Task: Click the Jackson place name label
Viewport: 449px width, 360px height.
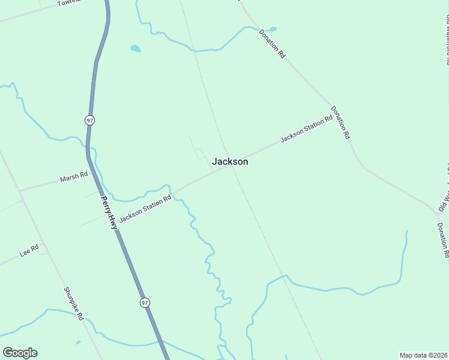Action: (230, 161)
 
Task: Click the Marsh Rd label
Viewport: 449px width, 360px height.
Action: (74, 177)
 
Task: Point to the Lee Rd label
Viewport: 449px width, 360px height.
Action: (29, 250)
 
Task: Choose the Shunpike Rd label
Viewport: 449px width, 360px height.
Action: (73, 303)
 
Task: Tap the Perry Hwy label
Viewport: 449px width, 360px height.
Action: (109, 213)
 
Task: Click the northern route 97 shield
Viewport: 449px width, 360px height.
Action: (89, 120)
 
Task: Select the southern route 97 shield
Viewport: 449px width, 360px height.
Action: (145, 302)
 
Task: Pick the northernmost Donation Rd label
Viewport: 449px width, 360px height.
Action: (272, 43)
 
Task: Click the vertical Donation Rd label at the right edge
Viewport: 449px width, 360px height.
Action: (443, 240)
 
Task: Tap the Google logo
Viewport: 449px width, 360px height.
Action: (20, 353)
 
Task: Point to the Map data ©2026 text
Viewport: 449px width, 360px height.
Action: (423, 355)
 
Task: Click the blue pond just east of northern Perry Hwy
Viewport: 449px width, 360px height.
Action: (136, 49)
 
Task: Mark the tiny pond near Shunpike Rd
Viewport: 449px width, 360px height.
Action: (78, 343)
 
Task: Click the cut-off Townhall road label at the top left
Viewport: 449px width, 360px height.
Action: (68, 3)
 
